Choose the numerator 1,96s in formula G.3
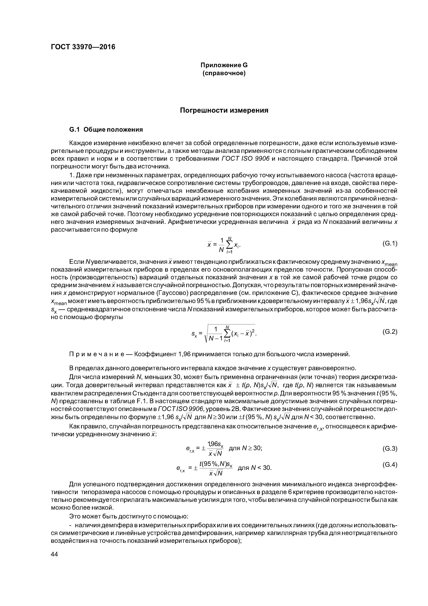pos(215,444)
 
